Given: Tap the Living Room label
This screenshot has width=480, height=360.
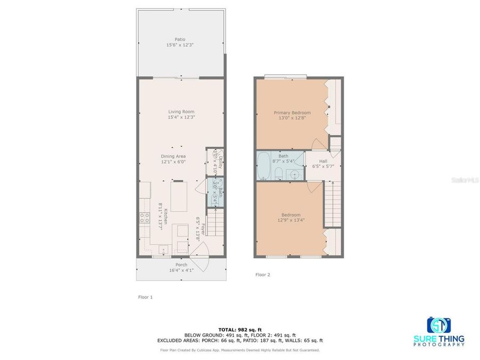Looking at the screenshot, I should [181, 111].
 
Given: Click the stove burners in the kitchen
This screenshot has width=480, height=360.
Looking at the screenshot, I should [144, 218].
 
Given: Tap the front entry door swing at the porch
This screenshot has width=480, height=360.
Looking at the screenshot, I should [202, 251].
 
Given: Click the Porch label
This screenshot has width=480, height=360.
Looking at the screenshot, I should [181, 265].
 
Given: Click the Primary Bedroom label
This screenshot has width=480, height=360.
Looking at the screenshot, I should [292, 113].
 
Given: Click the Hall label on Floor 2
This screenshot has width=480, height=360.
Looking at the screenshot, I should [323, 161].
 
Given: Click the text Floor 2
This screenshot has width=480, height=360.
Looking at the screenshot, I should [263, 275].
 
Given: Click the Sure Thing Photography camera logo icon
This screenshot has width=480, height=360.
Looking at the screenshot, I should [438, 325].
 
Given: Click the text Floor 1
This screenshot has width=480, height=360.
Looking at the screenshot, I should [145, 297].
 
